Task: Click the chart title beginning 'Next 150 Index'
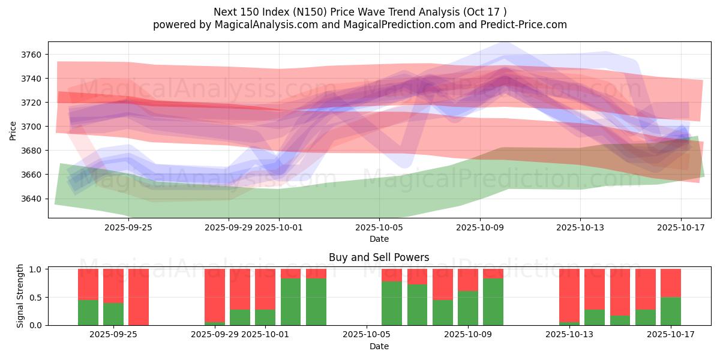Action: [x=360, y=11]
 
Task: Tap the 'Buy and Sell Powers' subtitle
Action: [x=379, y=257]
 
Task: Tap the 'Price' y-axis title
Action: [x=13, y=130]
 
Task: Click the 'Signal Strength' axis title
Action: [x=20, y=296]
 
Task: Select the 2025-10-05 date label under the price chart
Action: [x=379, y=228]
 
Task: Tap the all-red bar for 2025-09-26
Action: [x=139, y=297]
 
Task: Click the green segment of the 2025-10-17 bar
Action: [x=671, y=311]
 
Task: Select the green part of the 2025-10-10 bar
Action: [x=493, y=302]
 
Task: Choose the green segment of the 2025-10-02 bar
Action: [x=291, y=302]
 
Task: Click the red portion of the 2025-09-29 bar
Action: [x=215, y=295]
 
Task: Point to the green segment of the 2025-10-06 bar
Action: [x=392, y=303]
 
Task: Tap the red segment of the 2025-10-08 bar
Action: [x=443, y=284]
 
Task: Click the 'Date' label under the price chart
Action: [x=379, y=239]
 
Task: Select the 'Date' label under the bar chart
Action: [x=379, y=346]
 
